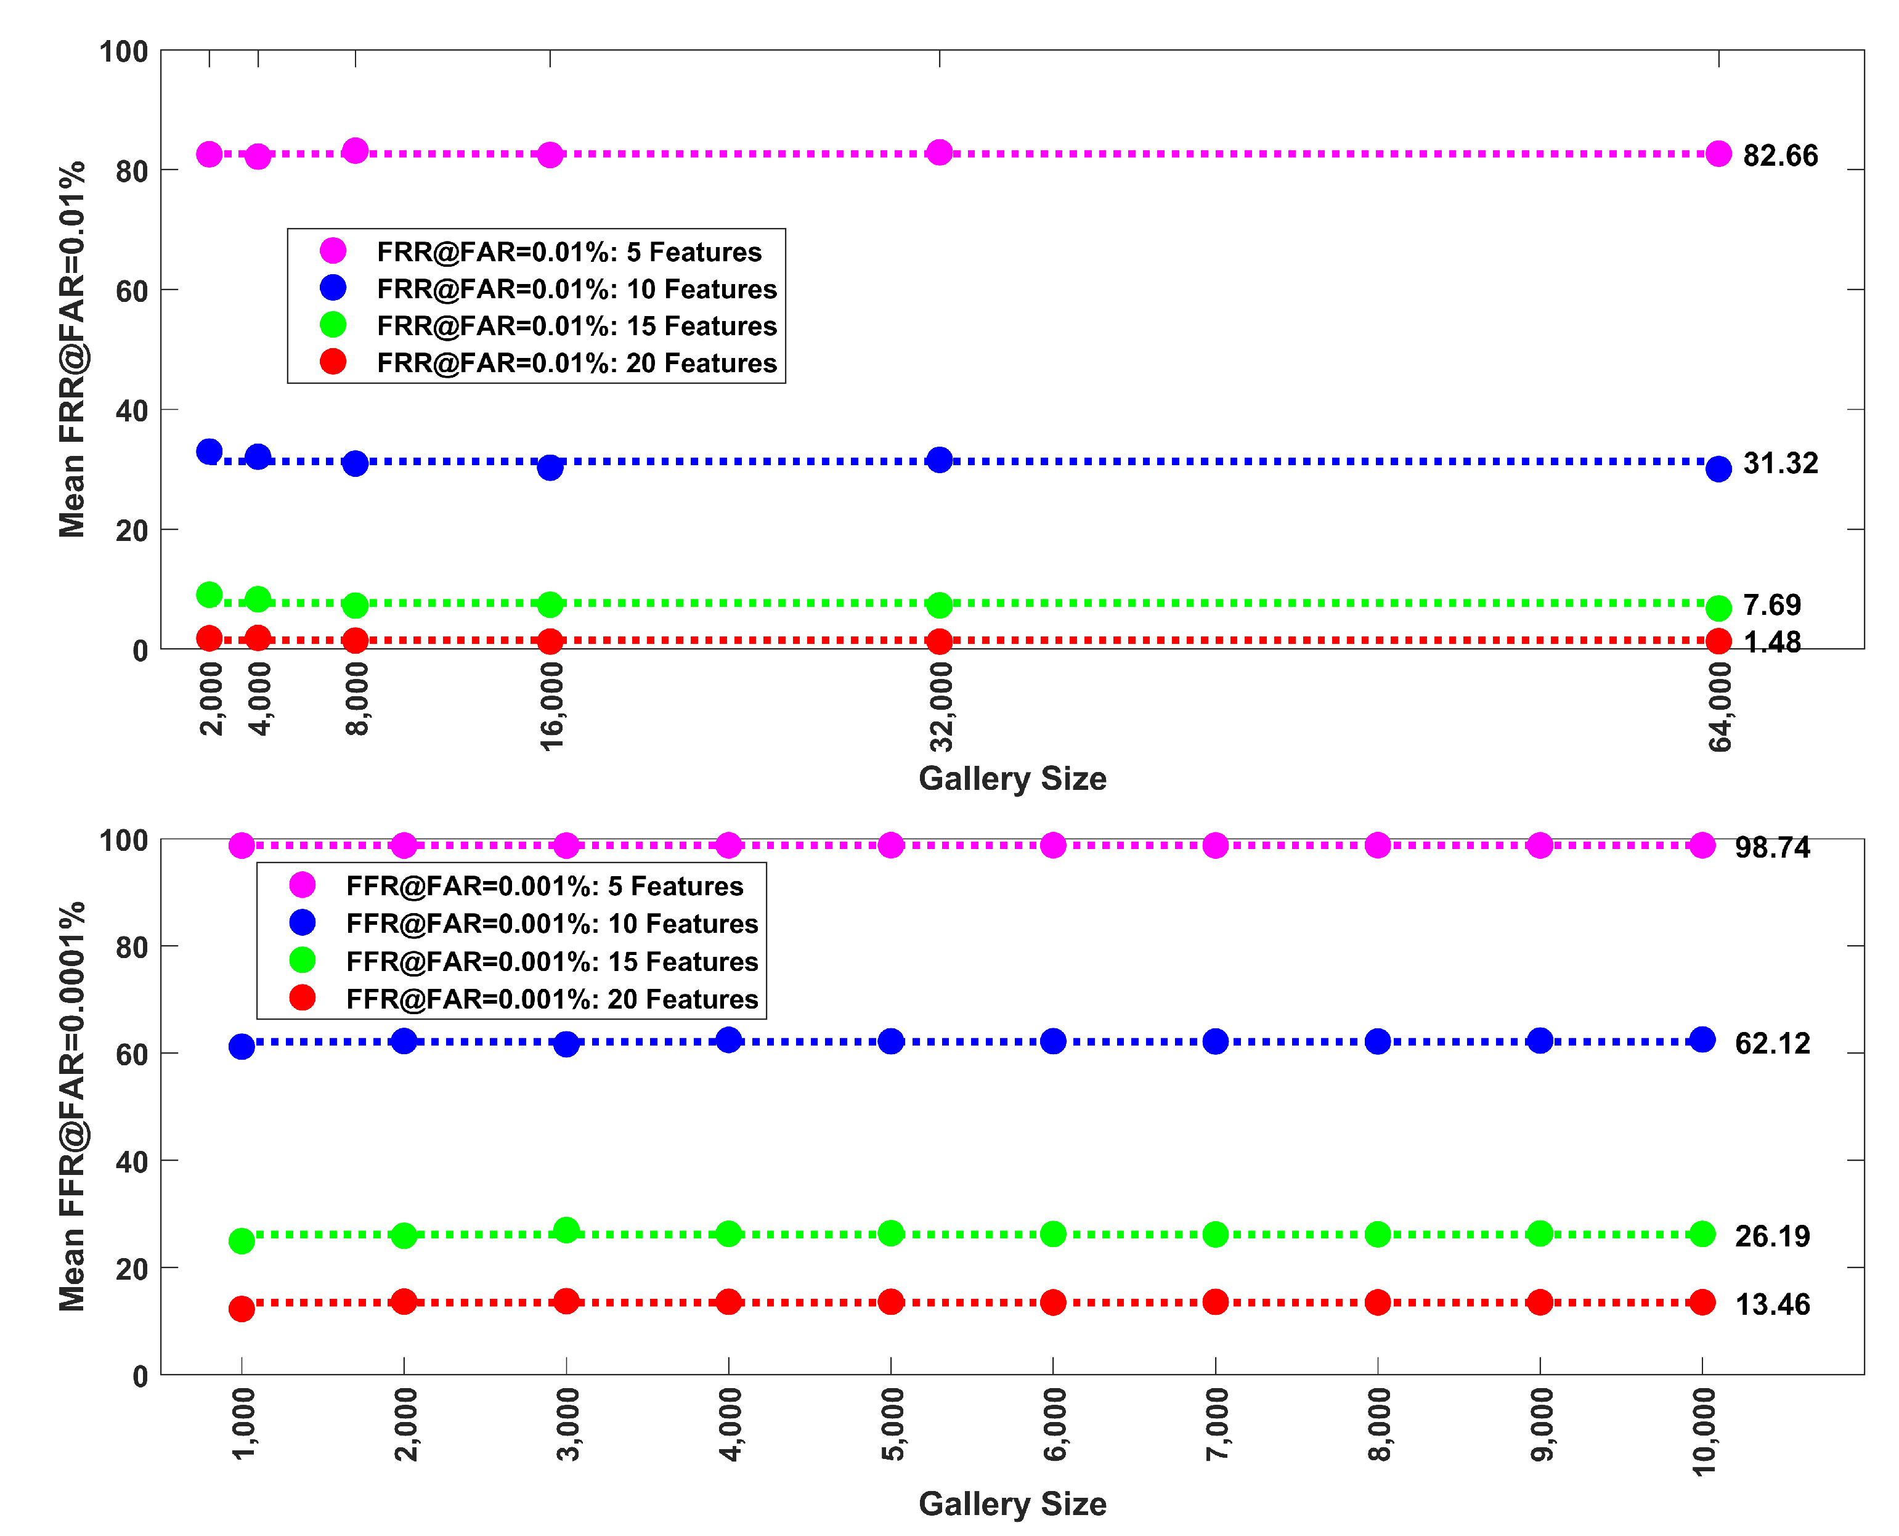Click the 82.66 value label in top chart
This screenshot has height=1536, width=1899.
1779,156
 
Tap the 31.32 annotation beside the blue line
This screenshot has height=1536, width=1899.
1779,463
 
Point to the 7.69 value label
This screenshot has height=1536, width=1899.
1771,605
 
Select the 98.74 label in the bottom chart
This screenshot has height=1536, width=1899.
1771,848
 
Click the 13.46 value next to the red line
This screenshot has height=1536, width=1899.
1771,1304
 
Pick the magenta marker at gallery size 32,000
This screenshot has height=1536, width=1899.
939,152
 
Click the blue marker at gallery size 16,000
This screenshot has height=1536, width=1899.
550,467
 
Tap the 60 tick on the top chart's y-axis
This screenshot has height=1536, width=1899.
132,291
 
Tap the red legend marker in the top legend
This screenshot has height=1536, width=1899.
333,362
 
